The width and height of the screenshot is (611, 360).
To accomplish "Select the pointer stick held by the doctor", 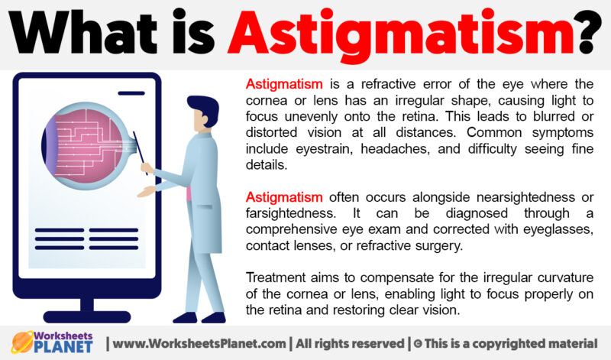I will tap(141, 152).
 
